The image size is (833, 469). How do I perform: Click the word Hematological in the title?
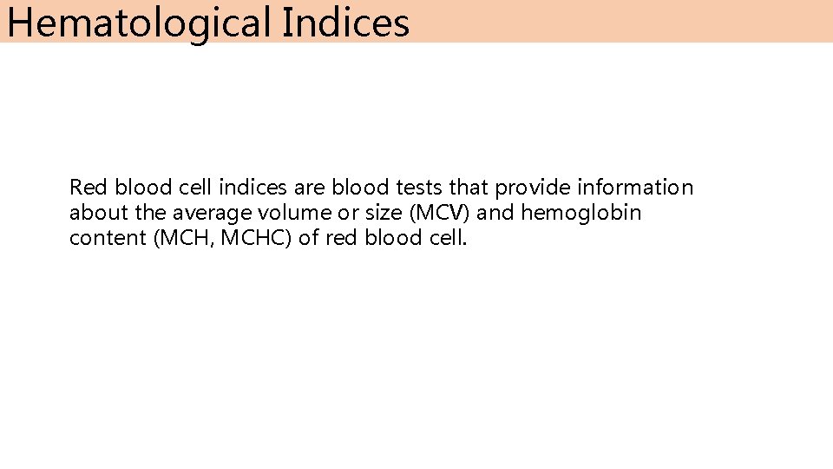point(139,23)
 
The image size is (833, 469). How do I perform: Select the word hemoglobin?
point(580,213)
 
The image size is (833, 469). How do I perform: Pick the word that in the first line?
point(469,188)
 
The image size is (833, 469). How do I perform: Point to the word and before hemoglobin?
point(496,213)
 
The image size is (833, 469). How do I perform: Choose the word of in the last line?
point(309,238)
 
